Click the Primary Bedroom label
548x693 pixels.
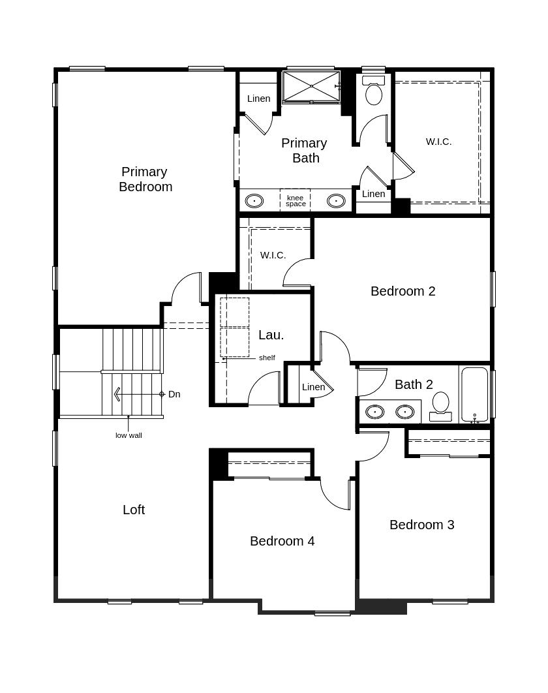[145, 179]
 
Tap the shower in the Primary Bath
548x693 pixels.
[311, 87]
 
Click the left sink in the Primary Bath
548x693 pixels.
[254, 201]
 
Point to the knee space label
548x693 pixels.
[296, 201]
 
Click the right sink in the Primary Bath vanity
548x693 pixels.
[336, 201]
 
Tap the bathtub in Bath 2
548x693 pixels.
[474, 394]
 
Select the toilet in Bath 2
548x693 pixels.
[441, 405]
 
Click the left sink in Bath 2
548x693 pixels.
[374, 412]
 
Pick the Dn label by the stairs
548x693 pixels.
[174, 394]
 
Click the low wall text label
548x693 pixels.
[129, 435]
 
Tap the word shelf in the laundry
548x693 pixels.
[267, 358]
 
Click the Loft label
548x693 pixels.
[134, 510]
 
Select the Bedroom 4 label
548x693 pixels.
[282, 541]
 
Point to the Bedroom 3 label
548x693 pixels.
[421, 525]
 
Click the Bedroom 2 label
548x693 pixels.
[403, 291]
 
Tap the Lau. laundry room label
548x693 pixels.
[271, 335]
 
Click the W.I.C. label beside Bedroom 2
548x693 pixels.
[273, 255]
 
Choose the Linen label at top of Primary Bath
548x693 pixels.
[258, 99]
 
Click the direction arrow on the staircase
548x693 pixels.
[117, 394]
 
